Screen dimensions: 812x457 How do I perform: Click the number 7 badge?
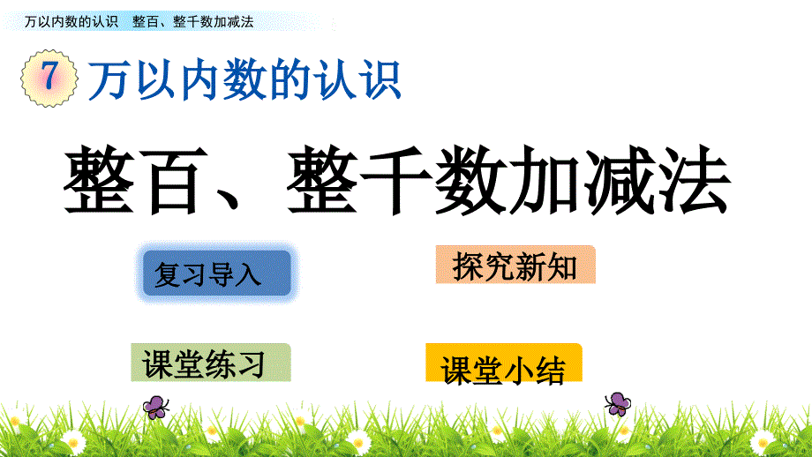[49, 79]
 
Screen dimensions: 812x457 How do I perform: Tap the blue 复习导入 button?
[216, 273]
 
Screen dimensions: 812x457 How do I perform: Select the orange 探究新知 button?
[515, 265]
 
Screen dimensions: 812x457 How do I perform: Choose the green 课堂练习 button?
[210, 363]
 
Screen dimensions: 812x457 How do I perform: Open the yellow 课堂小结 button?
[504, 363]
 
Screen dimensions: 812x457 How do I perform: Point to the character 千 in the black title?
[395, 180]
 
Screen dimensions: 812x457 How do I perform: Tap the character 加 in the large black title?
[545, 180]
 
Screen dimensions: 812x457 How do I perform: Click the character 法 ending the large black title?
[694, 180]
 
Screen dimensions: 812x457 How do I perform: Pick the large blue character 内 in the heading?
[201, 79]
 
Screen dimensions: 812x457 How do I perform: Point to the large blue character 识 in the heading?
[381, 79]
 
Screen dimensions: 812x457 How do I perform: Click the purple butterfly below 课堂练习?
[155, 407]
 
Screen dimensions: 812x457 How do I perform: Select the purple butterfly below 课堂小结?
[618, 404]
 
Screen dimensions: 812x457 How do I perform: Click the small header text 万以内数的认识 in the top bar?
[71, 22]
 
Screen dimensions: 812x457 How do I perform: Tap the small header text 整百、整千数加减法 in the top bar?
[193, 22]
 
